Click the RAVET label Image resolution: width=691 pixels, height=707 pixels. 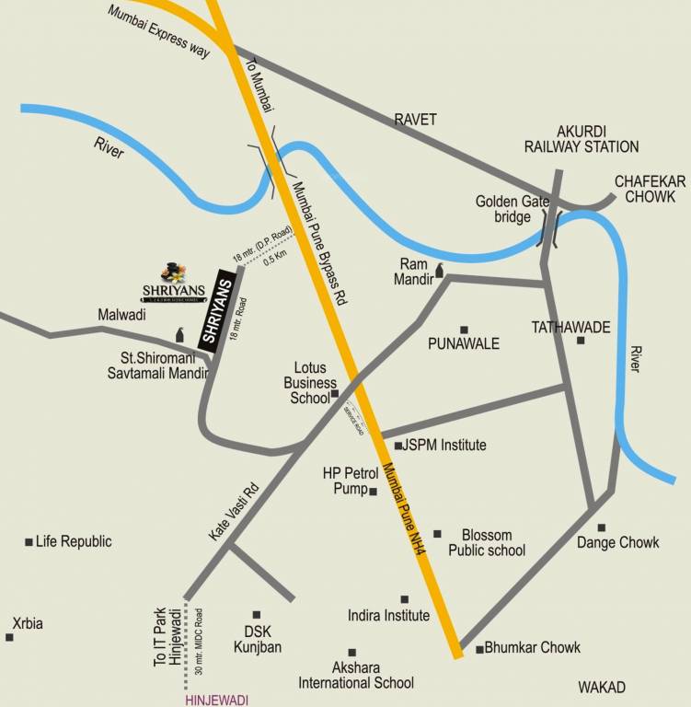pyautogui.click(x=415, y=119)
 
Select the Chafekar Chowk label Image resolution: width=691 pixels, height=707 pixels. pyautogui.click(x=650, y=191)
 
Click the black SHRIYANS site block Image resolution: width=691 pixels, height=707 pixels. pyautogui.click(x=213, y=311)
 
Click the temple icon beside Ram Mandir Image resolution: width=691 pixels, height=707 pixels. pyautogui.click(x=439, y=270)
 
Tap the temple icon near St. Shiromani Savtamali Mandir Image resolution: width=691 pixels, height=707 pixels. pyautogui.click(x=179, y=336)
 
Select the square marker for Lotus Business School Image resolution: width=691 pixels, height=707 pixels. pyautogui.click(x=335, y=394)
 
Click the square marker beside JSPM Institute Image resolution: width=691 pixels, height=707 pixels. pyautogui.click(x=397, y=446)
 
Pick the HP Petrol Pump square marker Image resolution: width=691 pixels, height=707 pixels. pyautogui.click(x=373, y=492)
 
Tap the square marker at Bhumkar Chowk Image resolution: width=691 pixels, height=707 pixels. pyautogui.click(x=479, y=649)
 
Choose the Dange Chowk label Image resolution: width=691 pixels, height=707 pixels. pyautogui.click(x=618, y=542)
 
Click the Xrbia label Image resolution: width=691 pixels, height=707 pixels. pyautogui.click(x=27, y=624)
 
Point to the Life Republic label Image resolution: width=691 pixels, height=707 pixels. pyautogui.click(x=73, y=541)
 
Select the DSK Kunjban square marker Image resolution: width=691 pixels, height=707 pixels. pyautogui.click(x=257, y=614)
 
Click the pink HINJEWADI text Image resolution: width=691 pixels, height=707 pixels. pyautogui.click(x=217, y=700)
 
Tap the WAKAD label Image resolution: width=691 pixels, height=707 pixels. pyautogui.click(x=602, y=688)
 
